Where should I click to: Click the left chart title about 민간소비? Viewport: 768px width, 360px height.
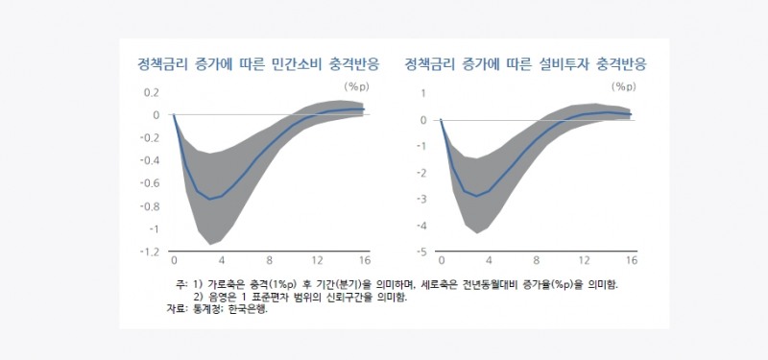click(x=258, y=65)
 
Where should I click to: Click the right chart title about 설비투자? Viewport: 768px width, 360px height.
click(x=525, y=65)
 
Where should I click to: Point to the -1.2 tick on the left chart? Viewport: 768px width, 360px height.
click(x=150, y=252)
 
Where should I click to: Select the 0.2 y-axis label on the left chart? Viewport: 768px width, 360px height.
click(x=151, y=92)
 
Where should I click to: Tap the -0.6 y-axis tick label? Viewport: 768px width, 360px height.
click(x=150, y=183)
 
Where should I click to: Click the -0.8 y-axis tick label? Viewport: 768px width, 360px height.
click(x=150, y=206)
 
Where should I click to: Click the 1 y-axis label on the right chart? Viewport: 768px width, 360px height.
click(x=423, y=92)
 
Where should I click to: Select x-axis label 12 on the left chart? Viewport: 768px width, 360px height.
click(x=317, y=260)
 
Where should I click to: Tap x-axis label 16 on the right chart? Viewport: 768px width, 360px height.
click(x=631, y=260)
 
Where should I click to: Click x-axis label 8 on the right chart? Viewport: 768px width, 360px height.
click(x=536, y=260)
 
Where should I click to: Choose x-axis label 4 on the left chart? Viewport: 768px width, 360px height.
click(x=222, y=260)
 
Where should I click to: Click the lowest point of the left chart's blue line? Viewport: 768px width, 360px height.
click(x=210, y=199)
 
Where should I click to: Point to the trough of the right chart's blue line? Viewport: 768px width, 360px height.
click(x=477, y=195)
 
